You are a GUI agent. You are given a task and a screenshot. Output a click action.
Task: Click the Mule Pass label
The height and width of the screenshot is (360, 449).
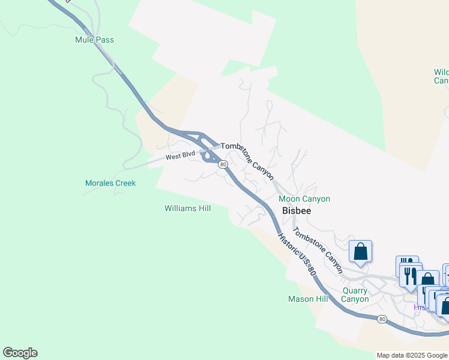(x=94, y=40)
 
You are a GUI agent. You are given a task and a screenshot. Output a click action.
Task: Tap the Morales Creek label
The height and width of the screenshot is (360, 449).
(x=110, y=183)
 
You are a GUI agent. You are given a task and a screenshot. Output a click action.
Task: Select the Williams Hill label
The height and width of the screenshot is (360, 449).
(x=187, y=208)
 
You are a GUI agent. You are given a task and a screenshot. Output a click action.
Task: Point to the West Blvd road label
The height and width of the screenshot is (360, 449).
(x=181, y=157)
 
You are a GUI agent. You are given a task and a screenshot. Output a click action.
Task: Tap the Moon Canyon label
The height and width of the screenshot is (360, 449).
(x=304, y=199)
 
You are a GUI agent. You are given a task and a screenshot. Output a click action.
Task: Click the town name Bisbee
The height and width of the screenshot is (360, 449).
(x=295, y=211)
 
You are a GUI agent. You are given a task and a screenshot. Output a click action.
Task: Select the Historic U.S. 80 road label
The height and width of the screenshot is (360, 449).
(x=297, y=254)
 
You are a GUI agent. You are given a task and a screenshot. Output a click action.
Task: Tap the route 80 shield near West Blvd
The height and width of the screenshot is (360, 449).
(x=223, y=164)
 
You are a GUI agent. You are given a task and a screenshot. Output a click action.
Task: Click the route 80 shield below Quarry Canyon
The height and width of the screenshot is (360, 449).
(x=382, y=319)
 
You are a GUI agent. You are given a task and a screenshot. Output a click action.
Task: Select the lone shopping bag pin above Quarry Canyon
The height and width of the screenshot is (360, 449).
(x=361, y=252)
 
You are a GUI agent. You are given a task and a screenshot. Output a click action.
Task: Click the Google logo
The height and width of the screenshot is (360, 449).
(x=20, y=353)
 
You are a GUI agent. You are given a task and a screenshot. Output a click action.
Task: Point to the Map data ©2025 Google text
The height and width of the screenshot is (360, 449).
(x=412, y=355)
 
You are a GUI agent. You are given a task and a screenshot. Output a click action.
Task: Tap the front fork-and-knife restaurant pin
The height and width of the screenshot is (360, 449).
(x=411, y=277)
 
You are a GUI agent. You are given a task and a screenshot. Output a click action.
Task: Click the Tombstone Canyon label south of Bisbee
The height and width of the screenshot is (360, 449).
(x=317, y=250)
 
